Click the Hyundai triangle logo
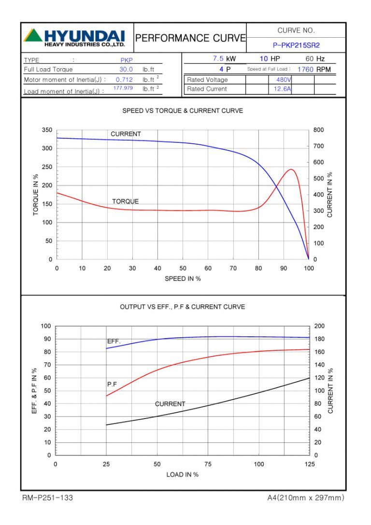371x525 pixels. [x=33, y=35]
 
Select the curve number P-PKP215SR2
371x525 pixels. [x=296, y=45]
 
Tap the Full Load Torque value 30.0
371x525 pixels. [x=126, y=69]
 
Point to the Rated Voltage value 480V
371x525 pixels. [x=284, y=79]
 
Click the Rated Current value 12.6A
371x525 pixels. [x=283, y=89]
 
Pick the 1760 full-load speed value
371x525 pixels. [x=305, y=69]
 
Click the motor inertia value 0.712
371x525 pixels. [x=124, y=79]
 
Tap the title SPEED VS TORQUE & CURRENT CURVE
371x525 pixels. [x=183, y=111]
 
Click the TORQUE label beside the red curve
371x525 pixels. [x=125, y=201]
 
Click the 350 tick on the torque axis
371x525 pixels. [x=47, y=130]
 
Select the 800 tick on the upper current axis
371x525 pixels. [x=319, y=130]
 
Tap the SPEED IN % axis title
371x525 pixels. [x=183, y=279]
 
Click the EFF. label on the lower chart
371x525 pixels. [x=114, y=341]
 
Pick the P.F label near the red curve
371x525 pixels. [x=112, y=384]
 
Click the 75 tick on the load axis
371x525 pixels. [x=208, y=465]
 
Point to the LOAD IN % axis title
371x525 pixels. [x=183, y=475]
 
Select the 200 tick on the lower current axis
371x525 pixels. [x=319, y=326]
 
